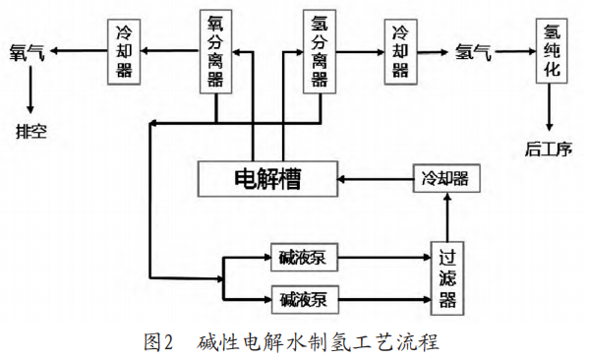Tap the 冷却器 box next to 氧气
point(126,52)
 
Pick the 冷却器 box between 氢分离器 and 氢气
point(400,52)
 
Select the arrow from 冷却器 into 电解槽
point(374,178)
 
